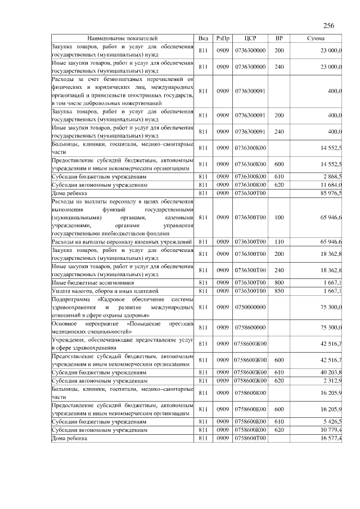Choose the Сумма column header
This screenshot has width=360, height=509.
[x=318, y=38]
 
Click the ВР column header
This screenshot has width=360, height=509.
[x=278, y=38]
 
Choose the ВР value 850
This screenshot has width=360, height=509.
[x=278, y=290]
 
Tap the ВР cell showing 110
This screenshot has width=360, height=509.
[x=278, y=241]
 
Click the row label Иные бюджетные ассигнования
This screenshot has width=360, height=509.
[x=84, y=282]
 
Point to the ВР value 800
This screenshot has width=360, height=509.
[x=278, y=282]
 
